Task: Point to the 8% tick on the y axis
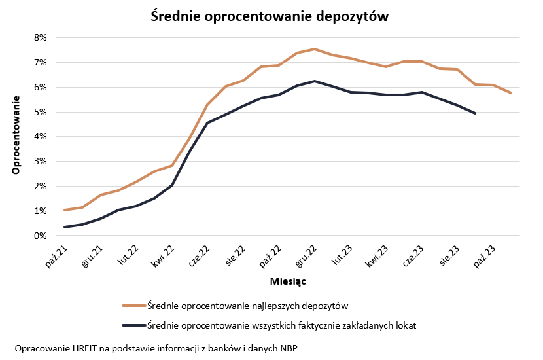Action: click(x=40, y=38)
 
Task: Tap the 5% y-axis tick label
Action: click(x=40, y=112)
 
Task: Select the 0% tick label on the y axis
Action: click(x=40, y=236)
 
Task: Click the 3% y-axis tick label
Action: click(x=40, y=162)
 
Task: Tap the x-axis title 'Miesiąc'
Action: click(x=289, y=281)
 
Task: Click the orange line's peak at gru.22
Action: click(x=315, y=49)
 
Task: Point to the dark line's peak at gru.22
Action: click(x=315, y=81)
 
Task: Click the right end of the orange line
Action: click(x=510, y=93)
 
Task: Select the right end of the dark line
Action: click(x=475, y=113)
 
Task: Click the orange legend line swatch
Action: click(x=133, y=305)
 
